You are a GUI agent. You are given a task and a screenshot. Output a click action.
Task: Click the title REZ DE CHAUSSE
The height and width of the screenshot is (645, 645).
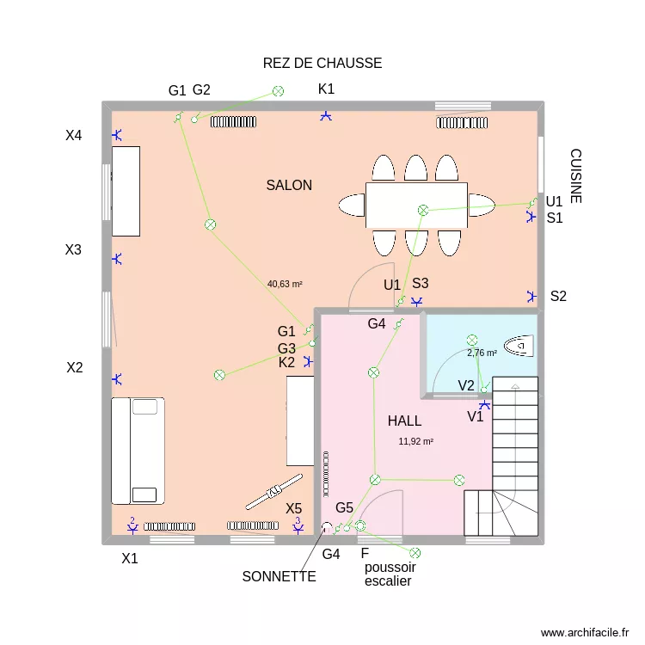pos(322,64)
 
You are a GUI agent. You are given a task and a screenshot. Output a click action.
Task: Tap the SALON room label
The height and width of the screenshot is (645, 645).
pos(289,185)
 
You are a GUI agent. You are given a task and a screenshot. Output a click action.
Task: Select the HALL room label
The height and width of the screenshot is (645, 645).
pos(404,421)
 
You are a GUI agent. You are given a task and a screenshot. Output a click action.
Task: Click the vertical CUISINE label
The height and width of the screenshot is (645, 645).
pos(575,176)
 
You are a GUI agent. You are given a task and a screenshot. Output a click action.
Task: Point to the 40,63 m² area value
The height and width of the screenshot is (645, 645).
pos(285,283)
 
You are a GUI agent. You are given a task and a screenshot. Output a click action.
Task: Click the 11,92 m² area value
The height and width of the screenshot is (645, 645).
pos(415,441)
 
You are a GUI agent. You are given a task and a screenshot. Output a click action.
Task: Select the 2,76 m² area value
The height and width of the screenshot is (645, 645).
pos(482,353)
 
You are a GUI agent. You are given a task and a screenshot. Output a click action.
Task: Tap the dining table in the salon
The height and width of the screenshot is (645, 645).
pos(416,205)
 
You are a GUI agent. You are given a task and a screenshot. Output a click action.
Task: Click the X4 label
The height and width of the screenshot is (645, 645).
pos(74,135)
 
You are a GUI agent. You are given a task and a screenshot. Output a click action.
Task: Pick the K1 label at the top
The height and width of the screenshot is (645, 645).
pos(326,89)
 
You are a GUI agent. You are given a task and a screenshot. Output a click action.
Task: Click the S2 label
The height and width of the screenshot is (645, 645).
pos(559,297)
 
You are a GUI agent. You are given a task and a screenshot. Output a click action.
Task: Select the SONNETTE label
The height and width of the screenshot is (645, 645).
pos(279,576)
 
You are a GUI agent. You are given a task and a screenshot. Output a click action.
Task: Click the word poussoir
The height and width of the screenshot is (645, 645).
pos(390,568)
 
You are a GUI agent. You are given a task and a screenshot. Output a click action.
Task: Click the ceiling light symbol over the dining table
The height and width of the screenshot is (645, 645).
pos(422,210)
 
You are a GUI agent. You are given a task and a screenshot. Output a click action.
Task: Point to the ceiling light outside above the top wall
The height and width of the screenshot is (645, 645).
pos(278,90)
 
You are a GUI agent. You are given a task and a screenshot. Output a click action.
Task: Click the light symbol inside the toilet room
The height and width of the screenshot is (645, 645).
pos(471,341)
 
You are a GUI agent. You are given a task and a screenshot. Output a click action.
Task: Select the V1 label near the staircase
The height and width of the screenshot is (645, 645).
pos(475,417)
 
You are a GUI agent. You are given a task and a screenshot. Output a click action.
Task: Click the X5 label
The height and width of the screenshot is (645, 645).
pos(294,508)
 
